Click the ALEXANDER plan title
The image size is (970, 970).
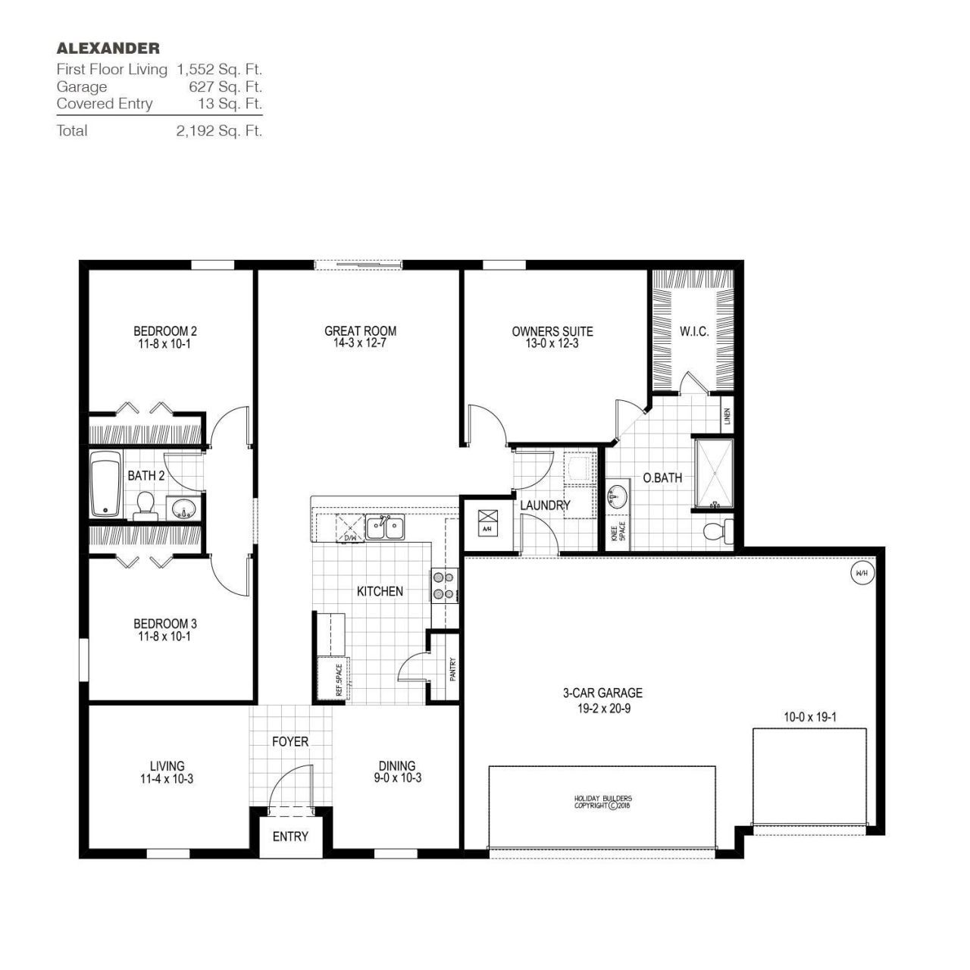click(x=108, y=48)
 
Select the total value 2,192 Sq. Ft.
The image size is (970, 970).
click(x=219, y=130)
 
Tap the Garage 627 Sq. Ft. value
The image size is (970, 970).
click(x=225, y=86)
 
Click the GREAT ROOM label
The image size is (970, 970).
click(x=360, y=331)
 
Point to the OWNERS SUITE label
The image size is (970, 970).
click(x=552, y=331)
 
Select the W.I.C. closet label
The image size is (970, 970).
click(x=693, y=331)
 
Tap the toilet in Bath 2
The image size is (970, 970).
click(x=145, y=506)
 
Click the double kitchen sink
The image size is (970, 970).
click(x=386, y=526)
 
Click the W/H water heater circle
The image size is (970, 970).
click(x=862, y=573)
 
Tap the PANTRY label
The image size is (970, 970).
click(x=452, y=668)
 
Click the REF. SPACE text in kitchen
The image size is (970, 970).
click(x=339, y=679)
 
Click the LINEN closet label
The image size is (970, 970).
click(x=727, y=416)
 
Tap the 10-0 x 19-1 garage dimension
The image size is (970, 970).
click(x=809, y=716)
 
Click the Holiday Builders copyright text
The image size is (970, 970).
click(x=602, y=802)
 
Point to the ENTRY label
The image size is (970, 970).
click(x=290, y=837)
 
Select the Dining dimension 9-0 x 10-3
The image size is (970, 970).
click(x=397, y=778)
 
